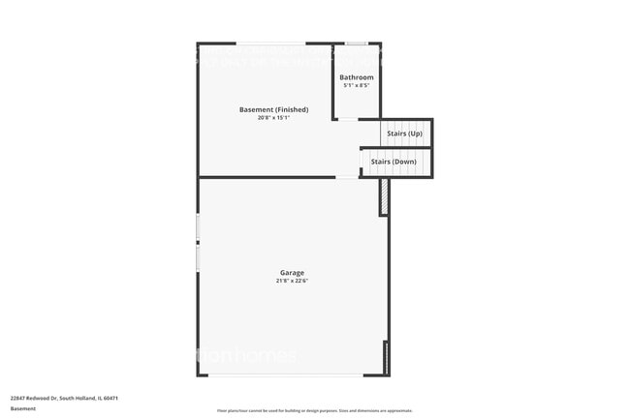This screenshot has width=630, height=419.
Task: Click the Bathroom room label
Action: tap(356, 77)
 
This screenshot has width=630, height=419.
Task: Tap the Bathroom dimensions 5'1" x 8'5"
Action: tap(356, 86)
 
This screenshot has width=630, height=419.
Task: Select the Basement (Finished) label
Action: tap(273, 109)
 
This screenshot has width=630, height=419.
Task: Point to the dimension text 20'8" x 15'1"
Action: tap(273, 118)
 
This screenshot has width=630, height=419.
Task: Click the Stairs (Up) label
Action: tap(403, 134)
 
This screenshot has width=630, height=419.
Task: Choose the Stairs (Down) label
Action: tap(394, 162)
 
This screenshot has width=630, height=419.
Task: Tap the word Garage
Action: tap(294, 273)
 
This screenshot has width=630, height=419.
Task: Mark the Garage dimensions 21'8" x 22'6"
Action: tap(294, 282)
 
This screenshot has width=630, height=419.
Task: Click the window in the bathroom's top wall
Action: tap(357, 44)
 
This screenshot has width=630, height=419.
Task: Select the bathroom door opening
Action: tap(347, 119)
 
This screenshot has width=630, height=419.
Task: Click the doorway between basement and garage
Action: tap(347, 177)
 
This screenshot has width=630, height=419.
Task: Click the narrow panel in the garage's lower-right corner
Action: tap(387, 357)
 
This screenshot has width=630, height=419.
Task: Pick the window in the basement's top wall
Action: tap(272, 44)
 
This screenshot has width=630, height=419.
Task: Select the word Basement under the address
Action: tap(23, 409)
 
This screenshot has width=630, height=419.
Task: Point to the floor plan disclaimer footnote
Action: tap(314, 411)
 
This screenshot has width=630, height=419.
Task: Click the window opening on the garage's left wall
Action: tap(198, 242)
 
